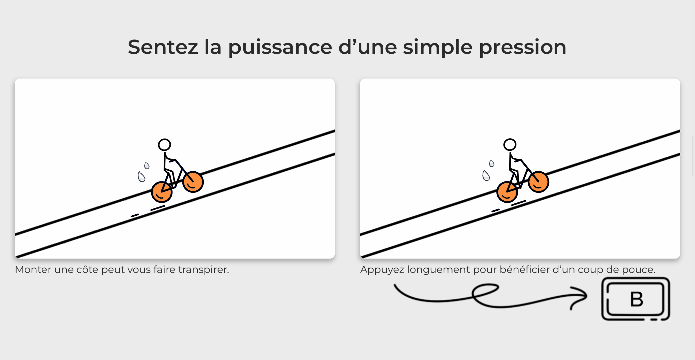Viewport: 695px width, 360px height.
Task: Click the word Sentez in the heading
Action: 163,47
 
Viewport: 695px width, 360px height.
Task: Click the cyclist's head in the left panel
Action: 164,145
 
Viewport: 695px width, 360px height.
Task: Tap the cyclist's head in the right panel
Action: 510,145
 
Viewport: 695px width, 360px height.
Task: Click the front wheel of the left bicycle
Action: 193,182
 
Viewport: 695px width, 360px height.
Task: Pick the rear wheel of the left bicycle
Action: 162,192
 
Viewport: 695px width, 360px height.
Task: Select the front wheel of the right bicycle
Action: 538,182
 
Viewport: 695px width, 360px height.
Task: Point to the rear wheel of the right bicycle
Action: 507,192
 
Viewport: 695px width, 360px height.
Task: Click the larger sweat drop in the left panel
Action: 141,177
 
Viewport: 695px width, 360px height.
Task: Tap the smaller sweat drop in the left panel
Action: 147,165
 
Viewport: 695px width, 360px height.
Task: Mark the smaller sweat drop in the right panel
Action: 491,163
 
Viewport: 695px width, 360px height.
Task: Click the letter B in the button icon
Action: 636,299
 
